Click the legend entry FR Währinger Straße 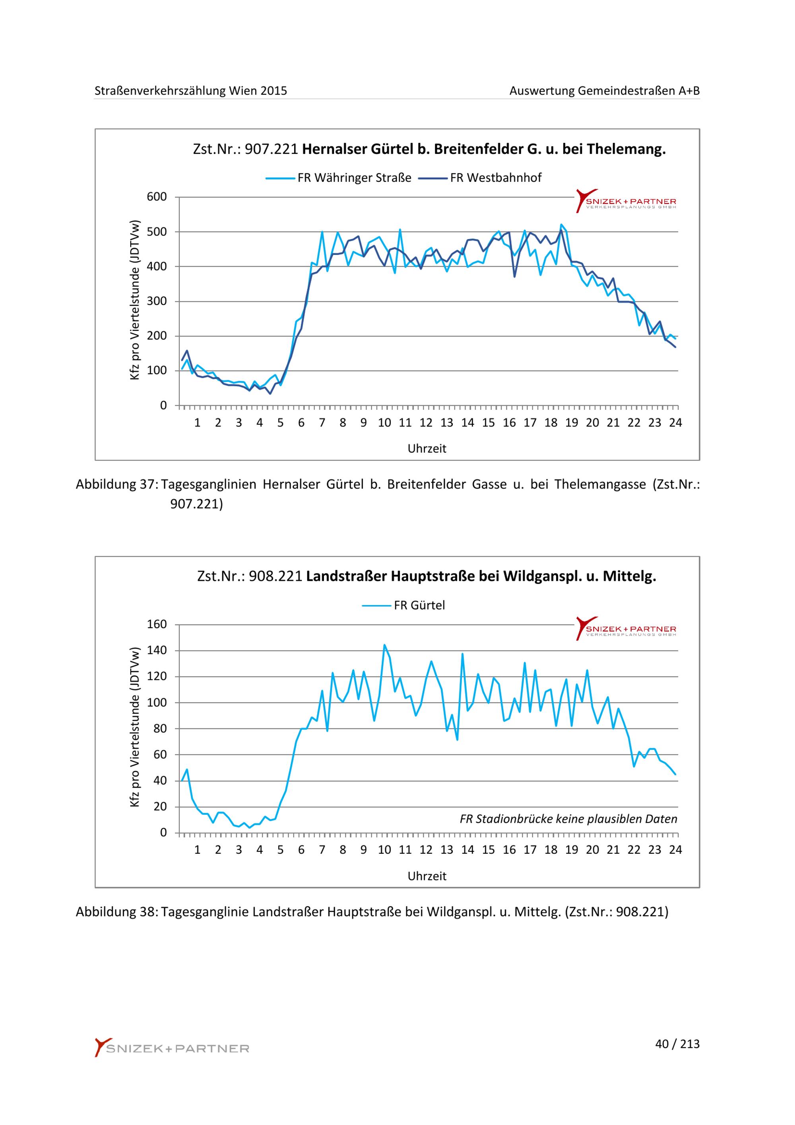pyautogui.click(x=338, y=178)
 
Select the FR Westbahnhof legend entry pyautogui.click(x=480, y=178)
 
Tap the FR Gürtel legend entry pyautogui.click(x=403, y=605)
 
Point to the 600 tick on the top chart pyautogui.click(x=157, y=197)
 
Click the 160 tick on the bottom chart pyautogui.click(x=157, y=625)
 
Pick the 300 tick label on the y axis pyautogui.click(x=157, y=302)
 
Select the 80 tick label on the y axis pyautogui.click(x=160, y=729)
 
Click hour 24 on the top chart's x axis pyautogui.click(x=676, y=423)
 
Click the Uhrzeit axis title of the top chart pyautogui.click(x=427, y=449)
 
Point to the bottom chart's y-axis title pyautogui.click(x=135, y=727)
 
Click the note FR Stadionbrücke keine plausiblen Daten pyautogui.click(x=568, y=819)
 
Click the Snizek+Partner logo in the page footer pyautogui.click(x=172, y=1047)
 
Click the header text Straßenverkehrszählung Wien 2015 pyautogui.click(x=191, y=91)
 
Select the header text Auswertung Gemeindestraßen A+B pyautogui.click(x=605, y=91)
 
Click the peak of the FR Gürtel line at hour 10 pyautogui.click(x=384, y=645)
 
